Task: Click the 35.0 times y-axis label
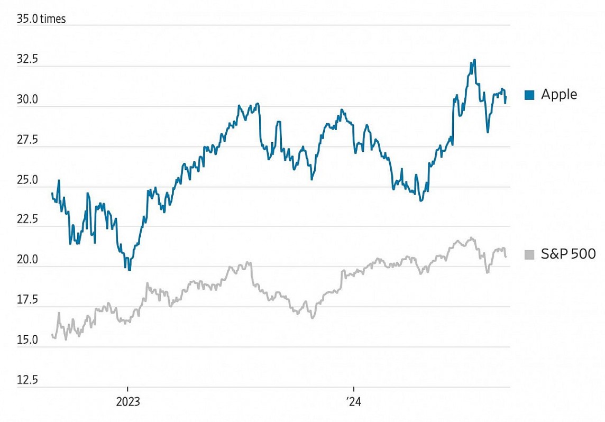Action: (x=41, y=19)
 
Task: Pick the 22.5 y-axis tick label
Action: (x=27, y=220)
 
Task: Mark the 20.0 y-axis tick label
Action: (x=27, y=260)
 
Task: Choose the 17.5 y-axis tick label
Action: (x=27, y=300)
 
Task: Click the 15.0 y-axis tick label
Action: (x=27, y=340)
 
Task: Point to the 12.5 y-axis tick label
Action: (x=27, y=380)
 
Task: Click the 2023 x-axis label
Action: (x=127, y=401)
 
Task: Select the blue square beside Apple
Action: (x=529, y=95)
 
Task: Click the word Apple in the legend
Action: (x=559, y=95)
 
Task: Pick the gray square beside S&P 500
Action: (x=529, y=255)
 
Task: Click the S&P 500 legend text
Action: (x=569, y=254)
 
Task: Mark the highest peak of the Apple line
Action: (x=474, y=60)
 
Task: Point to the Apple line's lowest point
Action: (x=129, y=270)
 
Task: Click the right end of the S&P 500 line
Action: (x=506, y=257)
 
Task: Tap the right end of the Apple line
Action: (x=506, y=97)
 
